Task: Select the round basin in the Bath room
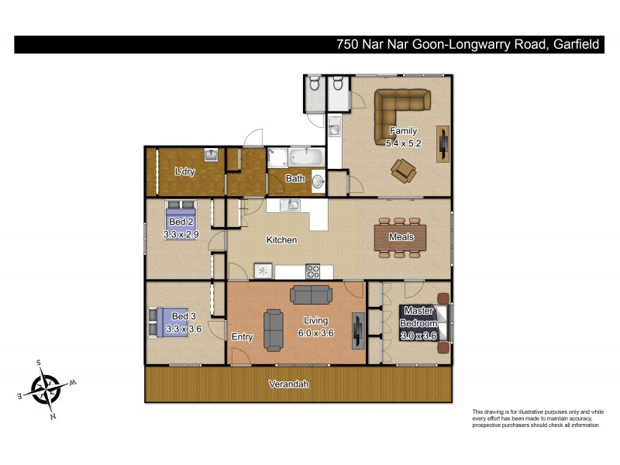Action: coord(319,182)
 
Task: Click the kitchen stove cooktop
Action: coord(314,271)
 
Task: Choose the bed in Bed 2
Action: coord(181,213)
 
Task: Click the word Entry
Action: coord(243,337)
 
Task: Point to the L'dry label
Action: coord(184,171)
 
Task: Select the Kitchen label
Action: coord(281,240)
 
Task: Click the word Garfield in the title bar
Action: coord(576,44)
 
